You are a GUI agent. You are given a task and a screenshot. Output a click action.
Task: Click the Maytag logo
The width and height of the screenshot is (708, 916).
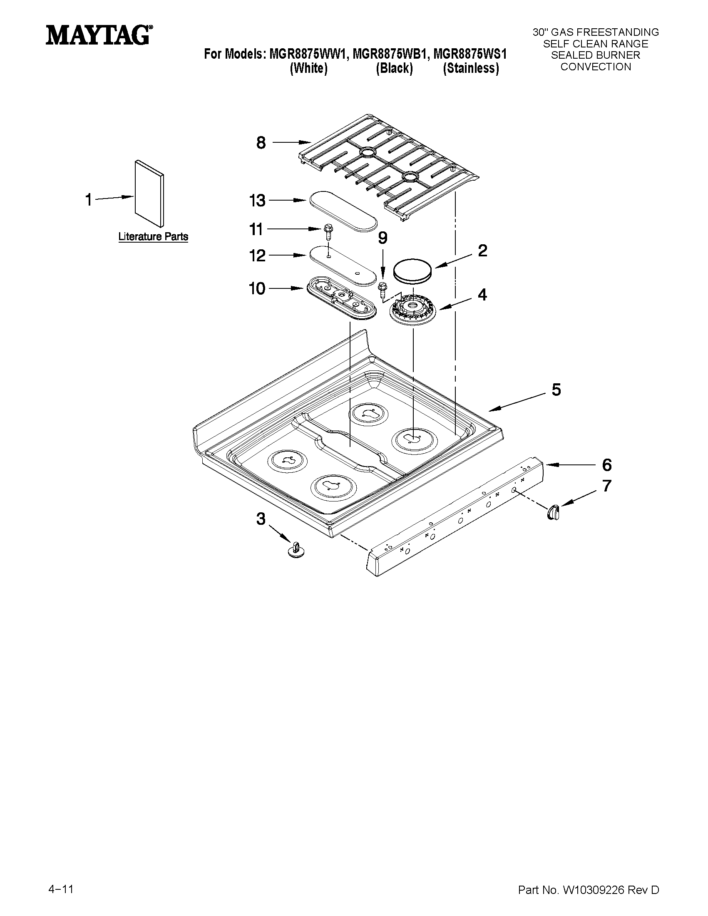coord(99,35)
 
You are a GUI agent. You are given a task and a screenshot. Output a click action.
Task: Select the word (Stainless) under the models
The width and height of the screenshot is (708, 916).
coord(471,68)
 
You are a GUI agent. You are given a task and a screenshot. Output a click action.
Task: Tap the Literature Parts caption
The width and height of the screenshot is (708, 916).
coord(153,236)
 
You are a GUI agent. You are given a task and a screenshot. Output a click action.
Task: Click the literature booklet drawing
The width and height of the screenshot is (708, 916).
coord(149,193)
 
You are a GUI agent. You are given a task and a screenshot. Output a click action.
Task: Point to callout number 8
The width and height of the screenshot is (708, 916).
coord(261,143)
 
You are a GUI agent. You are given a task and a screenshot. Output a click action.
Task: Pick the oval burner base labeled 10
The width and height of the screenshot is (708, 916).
coord(340,299)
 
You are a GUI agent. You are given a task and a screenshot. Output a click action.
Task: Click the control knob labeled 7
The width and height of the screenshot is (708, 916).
coord(553,512)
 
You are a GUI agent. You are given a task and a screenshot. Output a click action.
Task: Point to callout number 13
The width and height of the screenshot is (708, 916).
coord(257,201)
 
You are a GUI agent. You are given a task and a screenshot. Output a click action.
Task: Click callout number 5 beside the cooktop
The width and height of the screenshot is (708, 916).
coord(556,390)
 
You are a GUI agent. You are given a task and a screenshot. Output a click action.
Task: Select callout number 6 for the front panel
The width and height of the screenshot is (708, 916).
coord(606,465)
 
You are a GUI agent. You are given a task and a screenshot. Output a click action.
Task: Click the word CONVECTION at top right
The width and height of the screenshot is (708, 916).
coord(596,67)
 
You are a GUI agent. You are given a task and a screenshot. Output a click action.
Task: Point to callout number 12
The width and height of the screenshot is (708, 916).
coord(257,256)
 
